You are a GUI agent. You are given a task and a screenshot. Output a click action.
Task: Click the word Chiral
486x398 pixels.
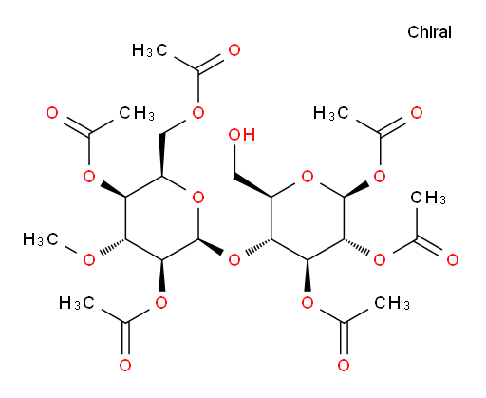point(429,32)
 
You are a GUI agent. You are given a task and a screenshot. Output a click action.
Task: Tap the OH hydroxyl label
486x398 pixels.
point(242,135)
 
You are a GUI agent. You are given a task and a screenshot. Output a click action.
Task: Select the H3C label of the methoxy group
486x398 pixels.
point(41,239)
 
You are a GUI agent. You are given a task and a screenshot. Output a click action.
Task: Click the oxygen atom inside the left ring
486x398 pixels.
point(198,198)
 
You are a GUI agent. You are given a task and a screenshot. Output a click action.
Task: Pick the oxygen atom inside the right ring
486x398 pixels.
point(308,177)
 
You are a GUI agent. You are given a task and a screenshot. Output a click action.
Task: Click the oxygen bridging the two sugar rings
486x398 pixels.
point(234,260)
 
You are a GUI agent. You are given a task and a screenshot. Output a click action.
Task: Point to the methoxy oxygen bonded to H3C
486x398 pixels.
point(89,260)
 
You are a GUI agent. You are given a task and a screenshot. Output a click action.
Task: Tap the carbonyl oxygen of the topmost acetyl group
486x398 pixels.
point(234,50)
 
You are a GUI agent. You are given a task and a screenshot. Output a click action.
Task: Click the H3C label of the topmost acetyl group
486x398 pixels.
point(150,50)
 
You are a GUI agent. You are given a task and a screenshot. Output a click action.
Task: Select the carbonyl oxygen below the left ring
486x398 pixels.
point(125,366)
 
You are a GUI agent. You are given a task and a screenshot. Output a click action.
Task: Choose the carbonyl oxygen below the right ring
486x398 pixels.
point(344,366)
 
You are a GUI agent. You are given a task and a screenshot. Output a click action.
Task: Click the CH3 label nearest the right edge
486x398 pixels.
point(428,198)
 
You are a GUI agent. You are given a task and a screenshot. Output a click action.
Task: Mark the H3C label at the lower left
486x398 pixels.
point(77,303)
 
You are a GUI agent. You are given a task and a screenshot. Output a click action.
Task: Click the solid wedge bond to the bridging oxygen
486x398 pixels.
point(211,247)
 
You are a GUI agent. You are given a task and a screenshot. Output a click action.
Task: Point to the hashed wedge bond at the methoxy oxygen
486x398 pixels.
point(113,246)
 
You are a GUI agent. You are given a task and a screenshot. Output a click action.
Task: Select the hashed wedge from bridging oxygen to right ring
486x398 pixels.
point(258,246)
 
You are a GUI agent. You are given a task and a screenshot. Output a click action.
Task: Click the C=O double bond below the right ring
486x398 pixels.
point(344,338)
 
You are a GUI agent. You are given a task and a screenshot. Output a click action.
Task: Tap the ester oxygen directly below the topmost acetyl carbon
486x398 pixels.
point(198,113)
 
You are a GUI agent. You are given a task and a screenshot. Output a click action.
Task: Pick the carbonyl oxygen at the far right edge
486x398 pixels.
point(453,260)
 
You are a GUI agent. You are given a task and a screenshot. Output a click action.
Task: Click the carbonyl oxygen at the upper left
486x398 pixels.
point(52,113)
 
